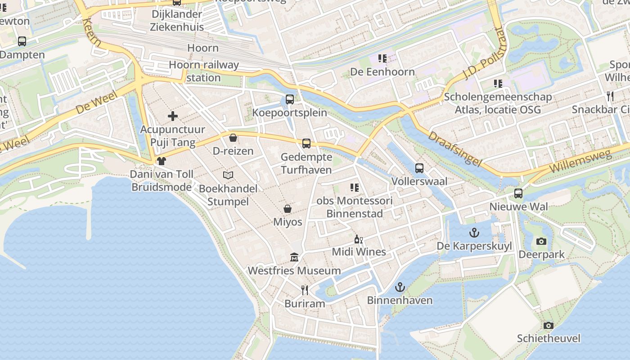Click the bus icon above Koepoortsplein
click(290, 99)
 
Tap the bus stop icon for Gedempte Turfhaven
click(306, 144)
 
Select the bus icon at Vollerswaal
click(419, 168)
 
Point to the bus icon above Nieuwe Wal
click(518, 193)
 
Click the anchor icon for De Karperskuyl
click(474, 233)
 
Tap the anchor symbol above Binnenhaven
click(400, 287)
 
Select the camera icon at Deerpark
click(541, 242)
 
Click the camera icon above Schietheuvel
click(548, 325)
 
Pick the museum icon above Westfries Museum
click(294, 257)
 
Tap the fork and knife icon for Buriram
click(305, 290)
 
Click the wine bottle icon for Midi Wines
click(359, 239)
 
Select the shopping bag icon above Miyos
click(288, 209)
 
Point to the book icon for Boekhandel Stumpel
click(228, 175)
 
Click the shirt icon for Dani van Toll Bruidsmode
click(162, 161)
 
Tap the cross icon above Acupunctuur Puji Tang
click(173, 116)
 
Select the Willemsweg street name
click(580, 161)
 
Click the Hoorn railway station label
click(203, 71)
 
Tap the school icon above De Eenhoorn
click(382, 58)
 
